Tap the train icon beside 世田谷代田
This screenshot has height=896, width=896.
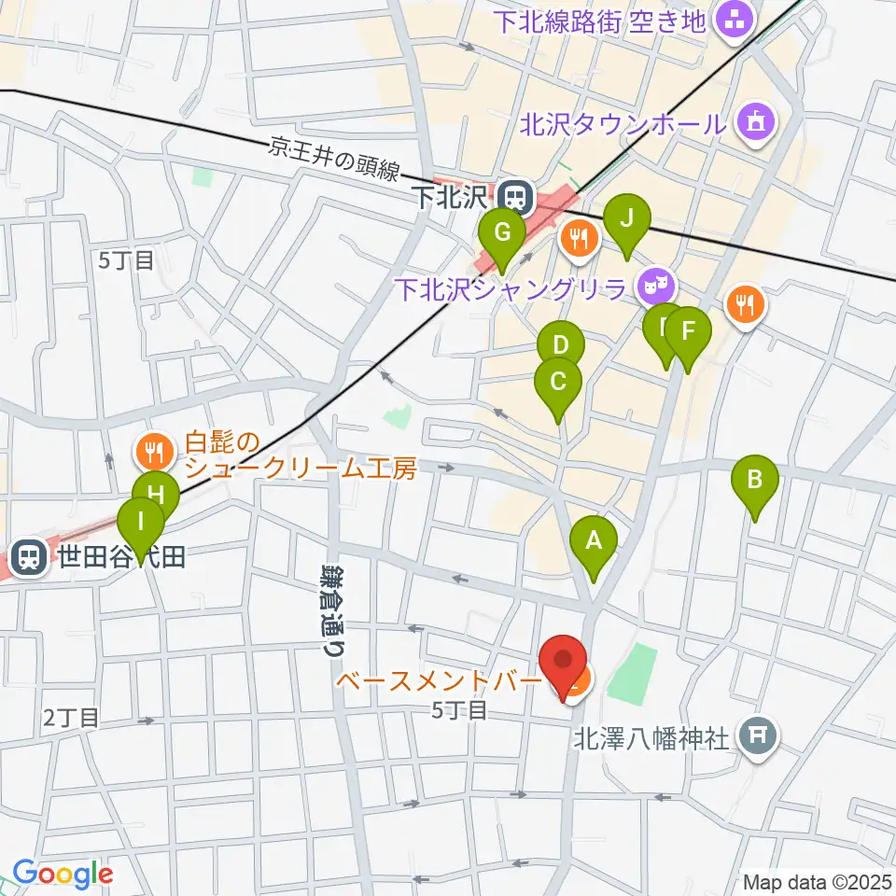pos(30,558)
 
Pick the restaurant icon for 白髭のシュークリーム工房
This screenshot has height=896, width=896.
pos(151,452)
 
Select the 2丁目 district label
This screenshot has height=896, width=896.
pos(70,718)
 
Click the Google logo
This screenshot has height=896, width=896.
pos(62,875)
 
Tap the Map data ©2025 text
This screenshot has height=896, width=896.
pos(817,881)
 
